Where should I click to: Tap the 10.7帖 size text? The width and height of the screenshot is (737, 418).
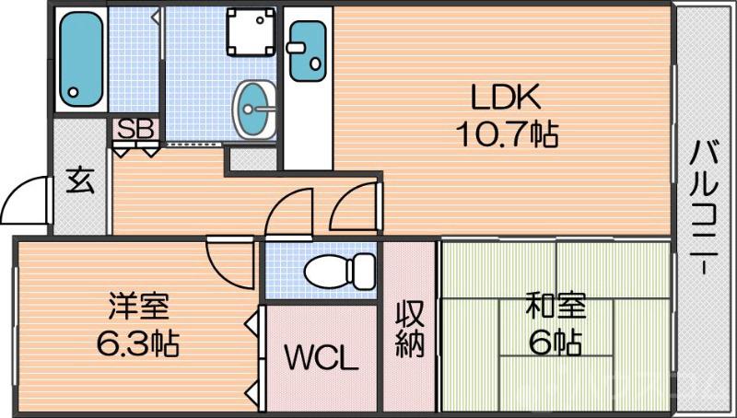tap(507, 135)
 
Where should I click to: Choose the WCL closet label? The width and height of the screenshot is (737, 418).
tap(320, 357)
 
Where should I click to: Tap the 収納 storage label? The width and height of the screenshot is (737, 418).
tap(409, 329)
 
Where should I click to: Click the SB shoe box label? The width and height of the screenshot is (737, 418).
tap(135, 128)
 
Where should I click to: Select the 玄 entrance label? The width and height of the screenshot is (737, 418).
tap(79, 181)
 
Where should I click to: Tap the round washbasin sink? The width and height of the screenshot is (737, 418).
tap(253, 106)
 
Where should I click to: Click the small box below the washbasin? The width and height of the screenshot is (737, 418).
tap(252, 158)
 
